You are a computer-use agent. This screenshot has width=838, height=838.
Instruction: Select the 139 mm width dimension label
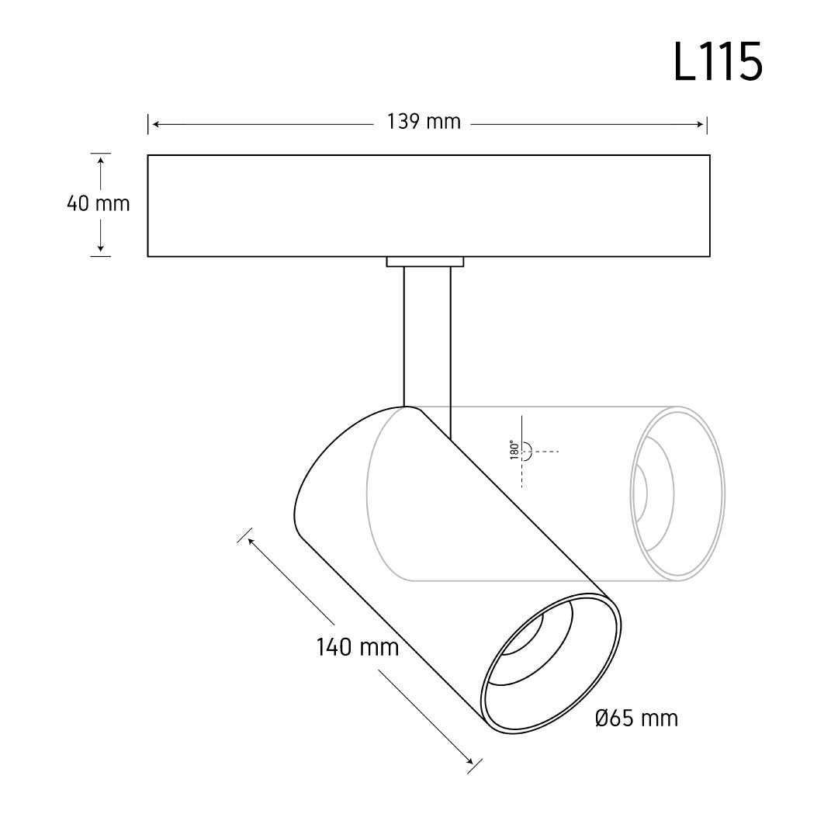pyautogui.click(x=424, y=122)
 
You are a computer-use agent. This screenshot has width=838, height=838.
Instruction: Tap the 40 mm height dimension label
pyautogui.click(x=99, y=203)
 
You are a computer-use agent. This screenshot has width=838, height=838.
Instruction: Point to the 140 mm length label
pyautogui.click(x=358, y=647)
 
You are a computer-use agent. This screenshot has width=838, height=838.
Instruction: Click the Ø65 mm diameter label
pyautogui.click(x=636, y=719)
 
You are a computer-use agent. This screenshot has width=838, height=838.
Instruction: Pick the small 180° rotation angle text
pyautogui.click(x=514, y=450)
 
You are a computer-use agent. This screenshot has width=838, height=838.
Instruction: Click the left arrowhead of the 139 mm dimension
pyautogui.click(x=156, y=124)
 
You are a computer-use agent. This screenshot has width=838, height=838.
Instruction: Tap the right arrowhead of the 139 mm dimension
pyautogui.click(x=700, y=124)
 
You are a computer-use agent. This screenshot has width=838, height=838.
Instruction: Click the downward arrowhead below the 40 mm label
pyautogui.click(x=100, y=248)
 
